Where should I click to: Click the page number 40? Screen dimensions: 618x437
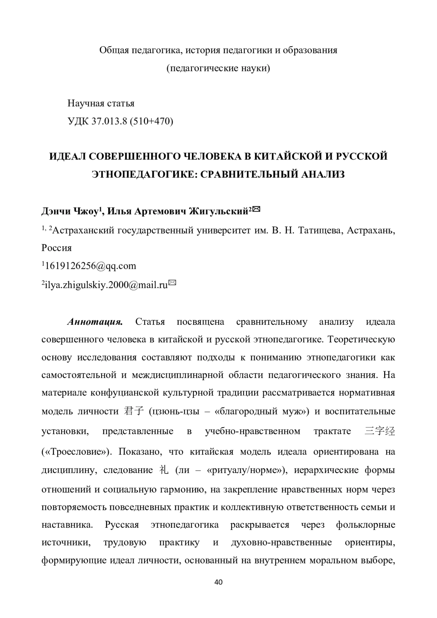(x=219, y=582)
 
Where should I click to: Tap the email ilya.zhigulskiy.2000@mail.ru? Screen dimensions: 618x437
(x=106, y=285)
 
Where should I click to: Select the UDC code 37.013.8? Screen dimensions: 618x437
(x=109, y=121)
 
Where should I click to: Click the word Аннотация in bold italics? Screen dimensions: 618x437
(x=94, y=322)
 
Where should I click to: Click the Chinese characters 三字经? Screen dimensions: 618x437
(x=380, y=432)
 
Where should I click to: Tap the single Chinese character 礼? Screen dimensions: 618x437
(x=164, y=470)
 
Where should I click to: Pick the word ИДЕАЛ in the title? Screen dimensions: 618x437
(x=67, y=156)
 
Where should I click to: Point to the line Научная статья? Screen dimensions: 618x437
(x=101, y=103)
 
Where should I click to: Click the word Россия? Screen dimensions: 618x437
(x=56, y=248)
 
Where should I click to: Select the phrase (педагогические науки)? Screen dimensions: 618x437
(x=218, y=68)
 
